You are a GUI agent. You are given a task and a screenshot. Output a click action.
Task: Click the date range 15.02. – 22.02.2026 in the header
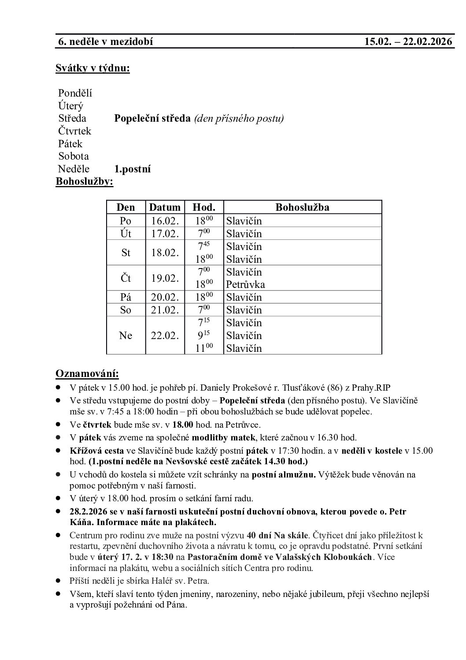pyautogui.click(x=408, y=42)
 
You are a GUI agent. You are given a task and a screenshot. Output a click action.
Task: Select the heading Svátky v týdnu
pyautogui.click(x=92, y=68)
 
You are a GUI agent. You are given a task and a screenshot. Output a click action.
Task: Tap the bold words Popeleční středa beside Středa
pyautogui.click(x=152, y=119)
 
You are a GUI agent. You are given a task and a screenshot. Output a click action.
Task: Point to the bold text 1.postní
pyautogui.click(x=133, y=169)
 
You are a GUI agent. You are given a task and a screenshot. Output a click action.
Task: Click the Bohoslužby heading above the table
pyautogui.click(x=84, y=182)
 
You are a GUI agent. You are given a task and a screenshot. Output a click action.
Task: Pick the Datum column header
pyautogui.click(x=165, y=207)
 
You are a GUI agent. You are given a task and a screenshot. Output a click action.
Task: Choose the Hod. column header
pyautogui.click(x=204, y=207)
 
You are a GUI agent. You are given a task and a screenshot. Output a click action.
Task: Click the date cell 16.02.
pyautogui.click(x=165, y=221)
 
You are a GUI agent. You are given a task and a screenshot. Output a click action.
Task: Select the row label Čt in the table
pyautogui.click(x=126, y=278)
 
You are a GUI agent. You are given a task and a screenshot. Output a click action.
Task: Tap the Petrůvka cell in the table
pyautogui.click(x=245, y=284)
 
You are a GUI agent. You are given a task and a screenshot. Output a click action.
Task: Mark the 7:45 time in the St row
pyautogui.click(x=203, y=246)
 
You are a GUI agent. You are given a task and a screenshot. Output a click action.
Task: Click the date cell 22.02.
pyautogui.click(x=165, y=336)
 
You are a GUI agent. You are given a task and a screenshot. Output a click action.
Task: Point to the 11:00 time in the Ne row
pyautogui.click(x=203, y=348)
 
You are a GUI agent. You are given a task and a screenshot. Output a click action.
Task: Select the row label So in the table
pyautogui.click(x=126, y=310)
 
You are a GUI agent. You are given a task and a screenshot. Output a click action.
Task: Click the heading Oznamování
pyautogui.click(x=87, y=374)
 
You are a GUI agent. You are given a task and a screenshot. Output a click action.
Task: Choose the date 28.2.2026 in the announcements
pyautogui.click(x=88, y=512)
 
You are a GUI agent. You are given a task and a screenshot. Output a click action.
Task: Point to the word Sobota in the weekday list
pyautogui.click(x=74, y=156)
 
